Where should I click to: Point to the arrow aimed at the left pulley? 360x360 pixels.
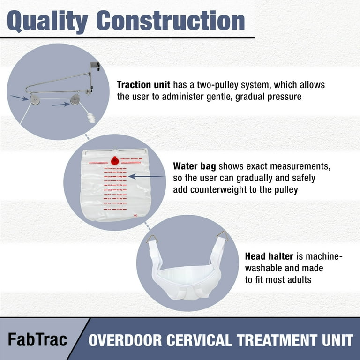tap(20, 97)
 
